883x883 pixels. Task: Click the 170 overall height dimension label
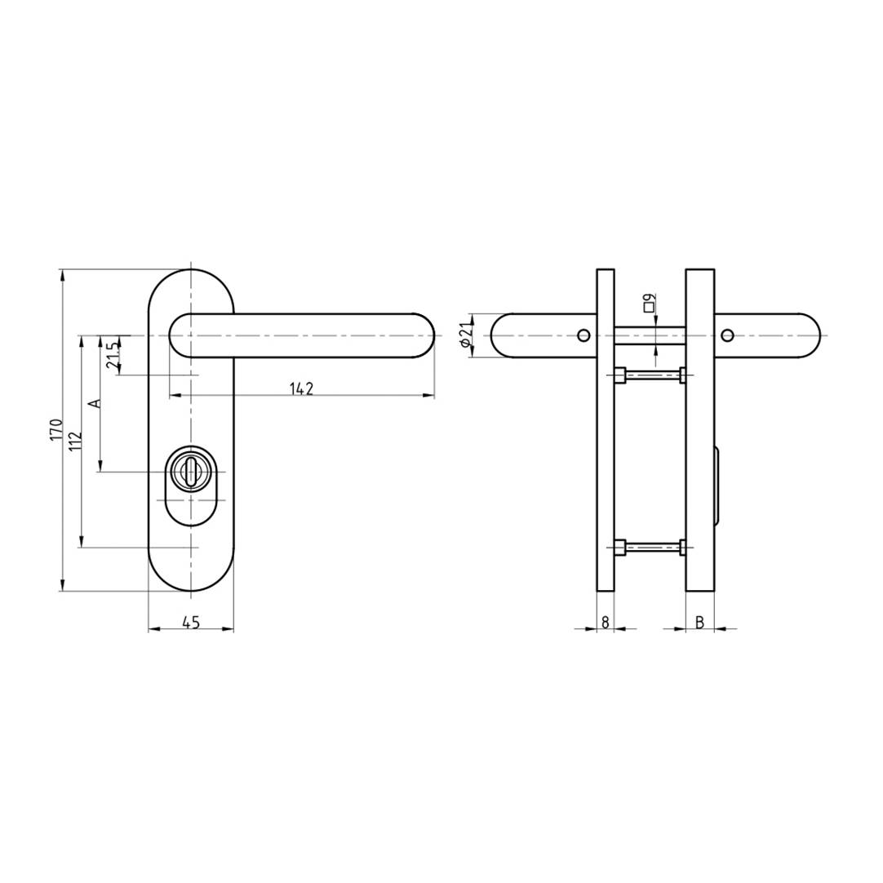pos(55,429)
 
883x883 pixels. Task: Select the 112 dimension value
pos(75,441)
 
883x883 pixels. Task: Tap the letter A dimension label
pos(94,404)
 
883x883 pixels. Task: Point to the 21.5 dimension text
pos(113,354)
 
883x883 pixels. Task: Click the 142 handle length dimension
pos(301,388)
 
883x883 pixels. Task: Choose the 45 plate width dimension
pos(190,623)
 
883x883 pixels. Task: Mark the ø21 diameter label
pos(466,335)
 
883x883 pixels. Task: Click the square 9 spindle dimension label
pos(649,303)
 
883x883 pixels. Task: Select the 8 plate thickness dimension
pos(605,622)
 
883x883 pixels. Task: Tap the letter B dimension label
pos(699,622)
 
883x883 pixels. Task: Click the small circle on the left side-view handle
pos(583,335)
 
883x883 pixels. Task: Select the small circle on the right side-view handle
pos(728,335)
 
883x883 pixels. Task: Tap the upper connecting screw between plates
pos(650,375)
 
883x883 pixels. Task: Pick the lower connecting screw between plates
pos(650,548)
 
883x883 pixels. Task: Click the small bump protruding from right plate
pos(717,486)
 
